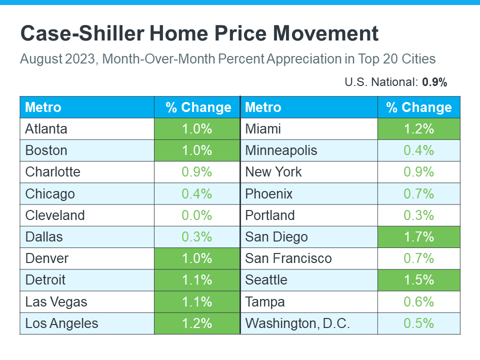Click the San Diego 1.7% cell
coord(419,236)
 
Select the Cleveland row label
coord(55,215)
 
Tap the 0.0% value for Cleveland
coord(197,215)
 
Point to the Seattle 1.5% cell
coord(419,280)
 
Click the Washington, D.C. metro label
coord(297,323)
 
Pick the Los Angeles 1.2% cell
coord(197,323)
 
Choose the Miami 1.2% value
coord(419,129)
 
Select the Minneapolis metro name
coord(281,150)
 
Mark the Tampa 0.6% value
coord(419,302)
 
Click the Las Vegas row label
coord(56,302)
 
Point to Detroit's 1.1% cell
coord(197,280)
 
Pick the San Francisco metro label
coord(288,258)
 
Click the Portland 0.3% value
coord(419,215)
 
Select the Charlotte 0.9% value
coord(197,172)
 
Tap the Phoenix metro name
coord(269,193)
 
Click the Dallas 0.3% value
coord(197,236)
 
